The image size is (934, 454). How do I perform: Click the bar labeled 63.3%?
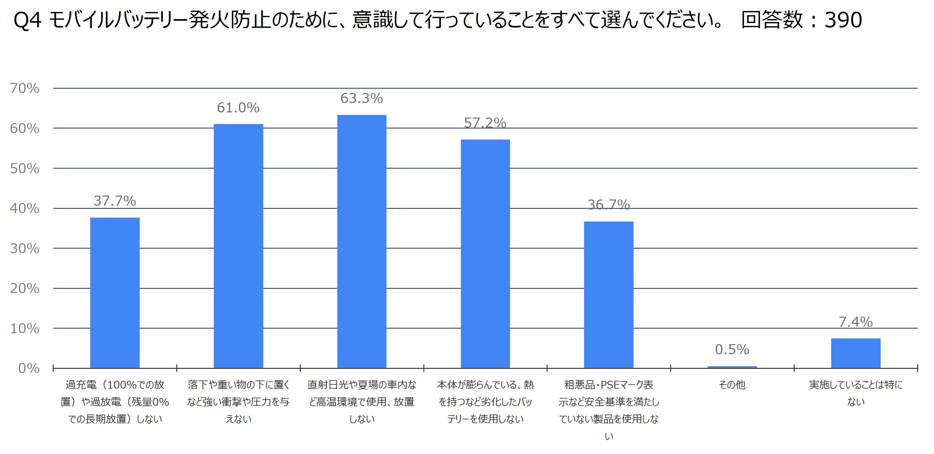coord(362,241)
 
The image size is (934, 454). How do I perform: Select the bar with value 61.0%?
coord(238,246)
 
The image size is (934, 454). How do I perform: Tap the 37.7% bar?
coord(114,292)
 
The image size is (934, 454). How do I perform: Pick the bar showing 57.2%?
coord(485,254)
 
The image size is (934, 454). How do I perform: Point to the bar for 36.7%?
coord(608,295)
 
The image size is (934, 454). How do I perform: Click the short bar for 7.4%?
coord(855,353)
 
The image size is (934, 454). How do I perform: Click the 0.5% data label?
coord(732,349)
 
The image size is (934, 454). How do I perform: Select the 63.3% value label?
coord(362,98)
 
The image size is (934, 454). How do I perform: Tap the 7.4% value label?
coord(855,322)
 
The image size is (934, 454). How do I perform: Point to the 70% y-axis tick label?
coord(25,88)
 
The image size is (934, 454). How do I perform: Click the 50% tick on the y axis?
coord(25,168)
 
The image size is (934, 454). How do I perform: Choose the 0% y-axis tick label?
coord(29,369)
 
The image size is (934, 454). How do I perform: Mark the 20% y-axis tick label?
coord(25,289)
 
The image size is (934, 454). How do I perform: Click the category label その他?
coord(732,385)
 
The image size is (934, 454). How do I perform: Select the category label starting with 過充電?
coord(114,402)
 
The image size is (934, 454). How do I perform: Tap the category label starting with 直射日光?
coord(362,402)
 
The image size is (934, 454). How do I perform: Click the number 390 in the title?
coord(843,20)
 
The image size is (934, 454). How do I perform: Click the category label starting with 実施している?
coord(855,393)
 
